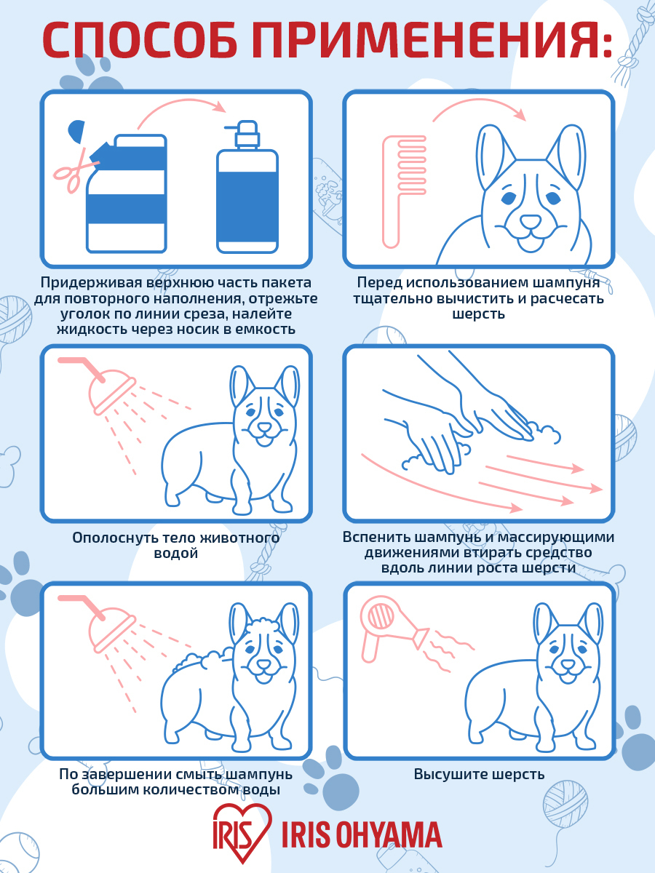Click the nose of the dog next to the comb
tap(531, 221)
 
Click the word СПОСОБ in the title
tap(140, 40)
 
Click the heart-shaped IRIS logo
tap(242, 832)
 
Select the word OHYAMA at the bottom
tap(389, 835)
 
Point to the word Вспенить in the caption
tap(375, 537)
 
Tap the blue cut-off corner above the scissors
tap(76, 131)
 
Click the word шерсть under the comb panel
tap(478, 314)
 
